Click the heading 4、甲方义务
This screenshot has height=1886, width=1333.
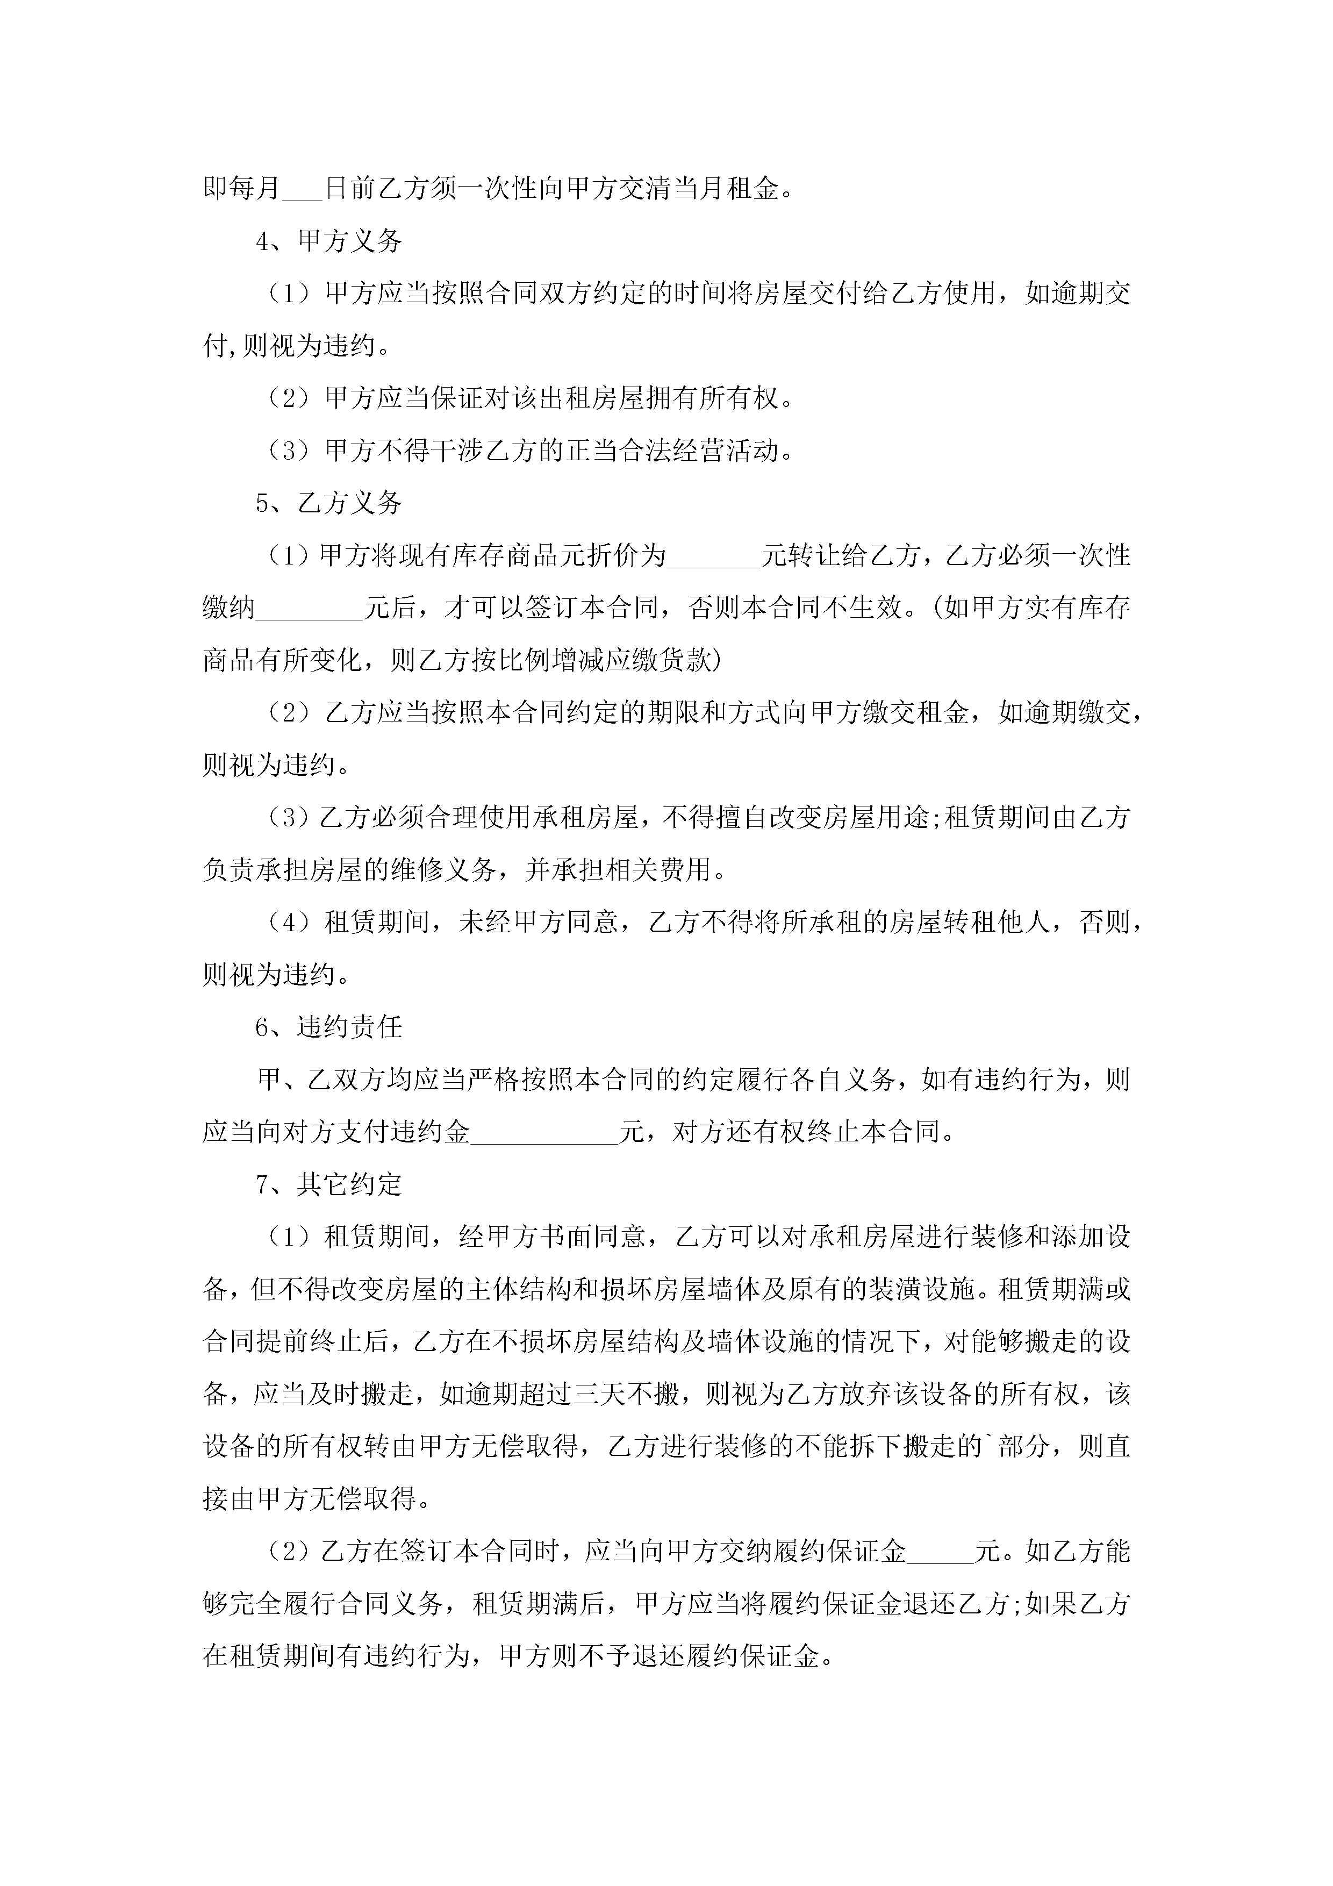point(328,241)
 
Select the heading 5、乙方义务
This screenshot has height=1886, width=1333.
point(328,503)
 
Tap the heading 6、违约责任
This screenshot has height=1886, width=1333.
point(328,1027)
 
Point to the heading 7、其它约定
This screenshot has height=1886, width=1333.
point(328,1184)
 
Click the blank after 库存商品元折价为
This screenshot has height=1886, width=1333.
point(714,557)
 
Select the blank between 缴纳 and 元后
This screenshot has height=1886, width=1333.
point(309,610)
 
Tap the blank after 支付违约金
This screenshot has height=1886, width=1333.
point(544,1133)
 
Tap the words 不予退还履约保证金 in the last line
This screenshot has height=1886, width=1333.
point(699,1657)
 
